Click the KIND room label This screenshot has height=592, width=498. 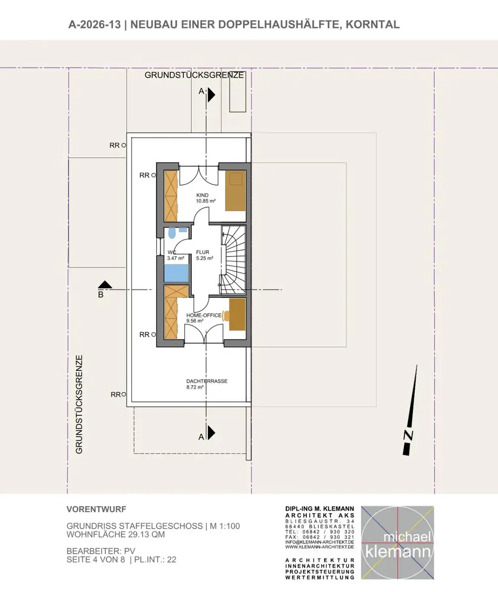(202, 195)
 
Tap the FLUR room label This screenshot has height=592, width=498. (203, 252)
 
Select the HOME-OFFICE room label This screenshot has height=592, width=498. (204, 315)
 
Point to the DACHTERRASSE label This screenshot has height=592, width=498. (207, 381)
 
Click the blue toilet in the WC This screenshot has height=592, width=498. (172, 233)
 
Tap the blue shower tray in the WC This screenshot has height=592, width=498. (177, 273)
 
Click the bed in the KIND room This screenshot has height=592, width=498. (235, 190)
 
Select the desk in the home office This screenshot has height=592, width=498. (237, 314)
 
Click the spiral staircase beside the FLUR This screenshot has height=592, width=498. (233, 260)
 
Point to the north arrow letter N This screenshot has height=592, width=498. (408, 435)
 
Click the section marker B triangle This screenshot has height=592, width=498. (105, 284)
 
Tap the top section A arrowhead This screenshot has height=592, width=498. (212, 95)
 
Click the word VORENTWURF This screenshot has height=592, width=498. (96, 509)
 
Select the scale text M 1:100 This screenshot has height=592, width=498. (225, 526)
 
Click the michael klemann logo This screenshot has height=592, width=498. (397, 543)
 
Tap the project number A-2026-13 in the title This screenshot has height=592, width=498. (95, 25)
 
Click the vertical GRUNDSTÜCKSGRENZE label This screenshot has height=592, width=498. (79, 405)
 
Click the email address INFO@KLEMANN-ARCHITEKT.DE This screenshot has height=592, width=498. (320, 542)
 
